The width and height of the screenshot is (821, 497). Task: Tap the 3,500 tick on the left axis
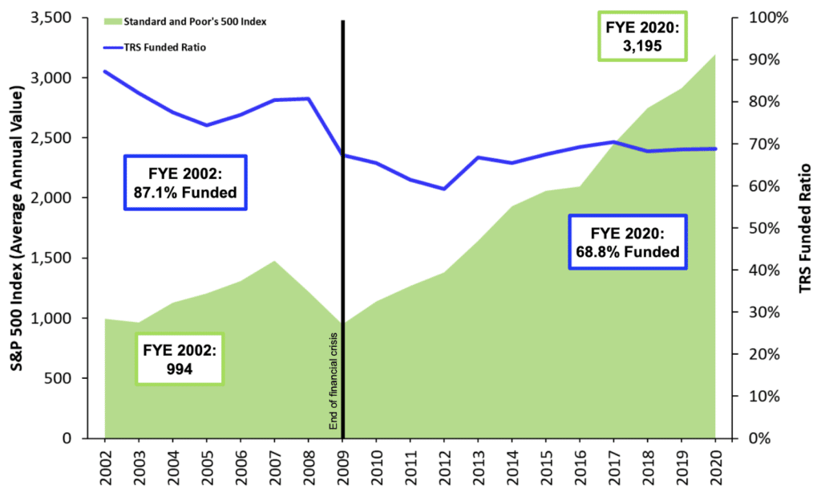coord(54,18)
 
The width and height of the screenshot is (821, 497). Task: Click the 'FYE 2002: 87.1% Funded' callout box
coord(185,183)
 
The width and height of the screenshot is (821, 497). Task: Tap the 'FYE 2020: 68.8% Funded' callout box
coord(628,242)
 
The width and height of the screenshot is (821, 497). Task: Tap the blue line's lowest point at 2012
coord(444,189)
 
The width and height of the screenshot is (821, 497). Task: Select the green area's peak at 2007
coord(274,261)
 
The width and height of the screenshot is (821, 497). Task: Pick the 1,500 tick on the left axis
coord(54,259)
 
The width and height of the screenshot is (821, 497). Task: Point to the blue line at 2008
coord(309,99)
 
